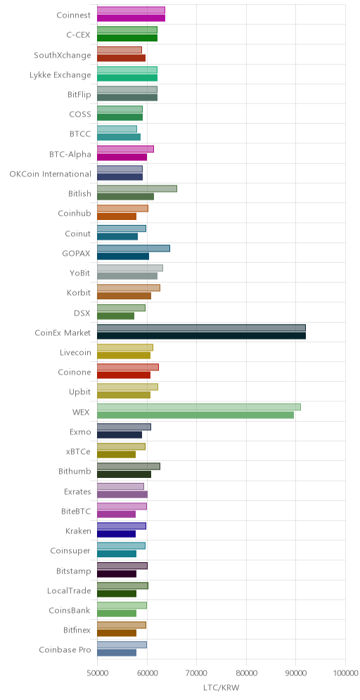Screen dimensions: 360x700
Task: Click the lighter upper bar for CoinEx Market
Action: click(x=201, y=328)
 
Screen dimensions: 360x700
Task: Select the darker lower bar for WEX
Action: click(x=195, y=415)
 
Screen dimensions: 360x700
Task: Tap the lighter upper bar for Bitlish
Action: click(x=136, y=188)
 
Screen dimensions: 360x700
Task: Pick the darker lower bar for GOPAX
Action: click(x=123, y=257)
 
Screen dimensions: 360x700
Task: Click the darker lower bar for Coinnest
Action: click(x=131, y=18)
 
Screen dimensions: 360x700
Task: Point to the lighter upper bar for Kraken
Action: click(x=122, y=526)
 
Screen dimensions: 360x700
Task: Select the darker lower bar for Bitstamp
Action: click(x=117, y=573)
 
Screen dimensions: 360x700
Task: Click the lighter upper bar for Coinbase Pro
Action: click(x=122, y=644)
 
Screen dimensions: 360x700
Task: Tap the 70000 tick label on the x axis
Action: click(x=197, y=673)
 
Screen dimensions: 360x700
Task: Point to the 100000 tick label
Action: click(x=346, y=673)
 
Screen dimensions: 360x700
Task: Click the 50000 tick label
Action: click(x=97, y=673)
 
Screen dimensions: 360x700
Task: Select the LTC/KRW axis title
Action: click(x=221, y=688)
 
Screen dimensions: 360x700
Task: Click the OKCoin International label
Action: click(x=51, y=174)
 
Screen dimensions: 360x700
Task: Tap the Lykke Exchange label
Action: click(x=60, y=75)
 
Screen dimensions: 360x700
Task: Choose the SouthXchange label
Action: click(x=63, y=56)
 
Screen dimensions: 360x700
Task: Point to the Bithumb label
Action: click(x=75, y=471)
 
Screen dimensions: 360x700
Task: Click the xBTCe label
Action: click(x=78, y=451)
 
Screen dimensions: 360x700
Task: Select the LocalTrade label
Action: click(x=69, y=590)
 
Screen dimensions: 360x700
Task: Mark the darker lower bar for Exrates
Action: click(x=122, y=494)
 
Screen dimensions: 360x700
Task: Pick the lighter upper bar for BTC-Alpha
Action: click(x=125, y=149)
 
